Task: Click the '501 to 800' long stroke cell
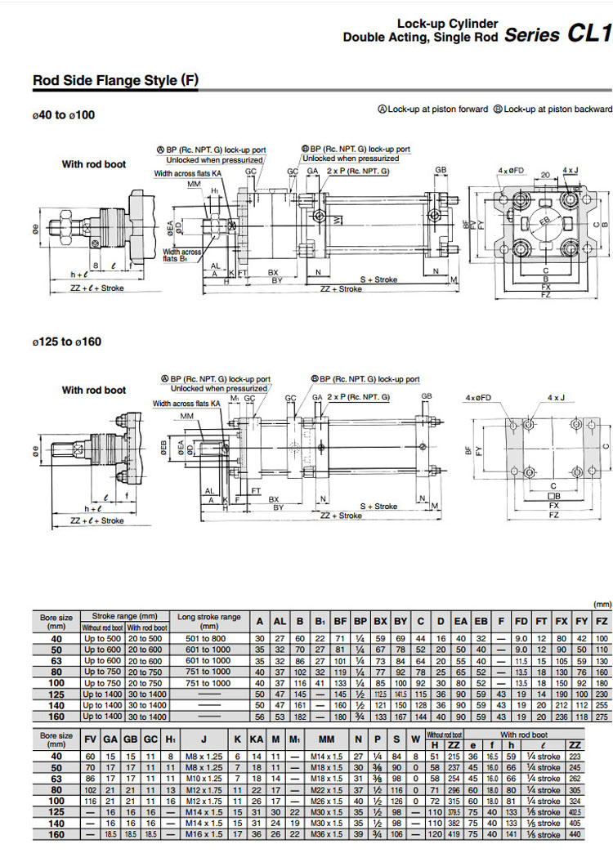tap(208, 638)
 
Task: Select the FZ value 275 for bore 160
tap(602, 717)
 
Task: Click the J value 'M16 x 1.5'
tap(195, 835)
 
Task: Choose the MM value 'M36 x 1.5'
tap(326, 835)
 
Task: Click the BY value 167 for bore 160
tap(400, 717)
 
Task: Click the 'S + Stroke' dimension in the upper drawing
tap(379, 279)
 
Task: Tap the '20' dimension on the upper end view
tap(544, 176)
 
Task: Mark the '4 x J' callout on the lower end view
tap(556, 398)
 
